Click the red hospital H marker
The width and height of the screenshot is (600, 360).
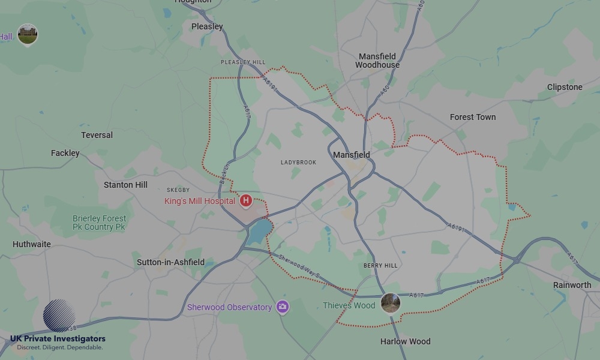coord(245,200)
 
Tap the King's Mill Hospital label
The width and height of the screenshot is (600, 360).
coord(200,201)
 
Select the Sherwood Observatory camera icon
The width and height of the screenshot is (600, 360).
coord(283,307)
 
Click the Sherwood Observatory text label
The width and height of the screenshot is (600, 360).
coord(229,307)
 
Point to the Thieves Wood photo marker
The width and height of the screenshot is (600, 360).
coord(390,303)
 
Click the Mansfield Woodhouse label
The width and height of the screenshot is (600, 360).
coord(377,61)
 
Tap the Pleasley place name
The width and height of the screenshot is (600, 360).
coord(207,26)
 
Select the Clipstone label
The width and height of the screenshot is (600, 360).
coord(565,87)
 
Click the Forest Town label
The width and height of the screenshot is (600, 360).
coord(473,117)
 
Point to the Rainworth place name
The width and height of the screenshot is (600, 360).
coord(572,285)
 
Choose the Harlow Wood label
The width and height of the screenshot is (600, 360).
coord(406,341)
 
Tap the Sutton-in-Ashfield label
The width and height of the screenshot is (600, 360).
coord(170,262)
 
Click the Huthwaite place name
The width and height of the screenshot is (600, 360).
coord(32,244)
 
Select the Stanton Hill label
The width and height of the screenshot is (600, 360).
coord(125,185)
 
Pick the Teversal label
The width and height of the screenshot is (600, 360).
coord(97,135)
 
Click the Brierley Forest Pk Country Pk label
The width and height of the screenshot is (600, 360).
coord(99,223)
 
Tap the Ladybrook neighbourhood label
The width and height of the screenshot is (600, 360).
coord(298,163)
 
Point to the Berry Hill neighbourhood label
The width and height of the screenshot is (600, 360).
coord(380,265)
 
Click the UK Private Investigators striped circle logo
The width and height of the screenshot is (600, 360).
coord(59,316)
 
